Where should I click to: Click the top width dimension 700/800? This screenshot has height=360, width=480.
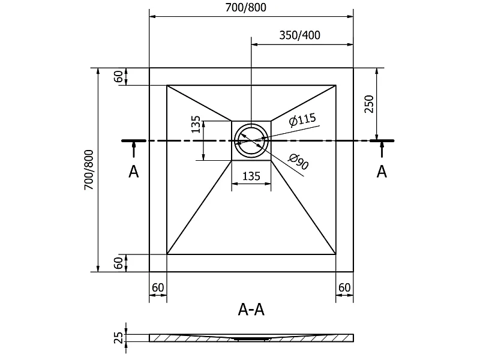click(x=246, y=7)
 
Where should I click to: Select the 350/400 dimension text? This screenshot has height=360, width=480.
click(x=299, y=35)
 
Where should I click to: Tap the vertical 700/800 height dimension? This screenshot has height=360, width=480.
click(x=89, y=170)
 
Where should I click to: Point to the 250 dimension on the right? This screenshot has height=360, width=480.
click(x=369, y=104)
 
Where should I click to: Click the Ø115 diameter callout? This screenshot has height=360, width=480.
click(x=302, y=119)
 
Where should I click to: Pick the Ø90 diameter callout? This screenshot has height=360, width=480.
click(x=298, y=161)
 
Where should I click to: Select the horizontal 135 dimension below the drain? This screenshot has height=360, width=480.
click(x=251, y=176)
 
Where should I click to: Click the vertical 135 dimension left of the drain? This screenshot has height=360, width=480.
click(x=196, y=124)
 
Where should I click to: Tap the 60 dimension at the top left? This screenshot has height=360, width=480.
click(x=118, y=77)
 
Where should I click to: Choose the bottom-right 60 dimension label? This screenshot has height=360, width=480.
click(x=344, y=287)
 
